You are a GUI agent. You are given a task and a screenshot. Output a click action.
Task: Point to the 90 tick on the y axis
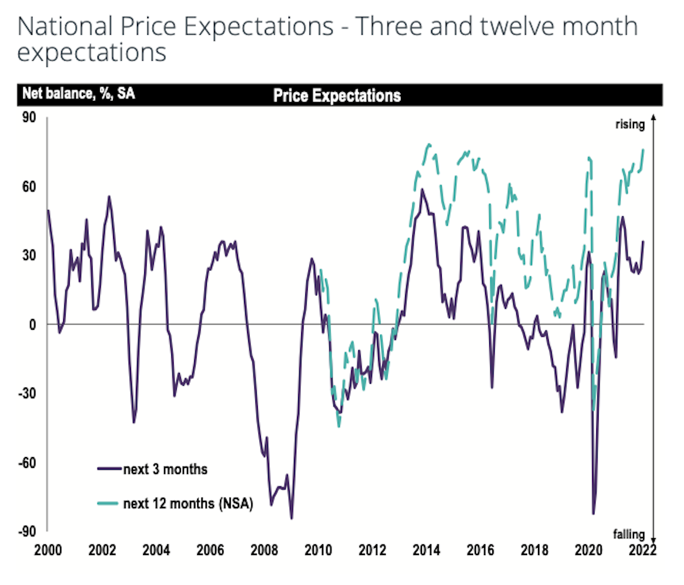coord(29,118)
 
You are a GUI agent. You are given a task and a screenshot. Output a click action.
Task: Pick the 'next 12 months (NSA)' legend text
coord(187,504)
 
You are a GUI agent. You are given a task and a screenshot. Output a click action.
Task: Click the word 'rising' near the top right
coord(629,125)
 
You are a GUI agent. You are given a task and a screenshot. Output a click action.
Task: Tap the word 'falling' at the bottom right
coord(629,533)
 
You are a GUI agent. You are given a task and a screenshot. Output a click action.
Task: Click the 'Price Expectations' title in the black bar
coord(337,95)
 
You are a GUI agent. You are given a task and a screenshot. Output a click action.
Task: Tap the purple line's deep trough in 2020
coord(593,514)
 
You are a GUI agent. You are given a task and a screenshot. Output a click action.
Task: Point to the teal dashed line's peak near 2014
coord(429,144)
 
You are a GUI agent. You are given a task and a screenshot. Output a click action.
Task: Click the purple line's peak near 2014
coord(422,190)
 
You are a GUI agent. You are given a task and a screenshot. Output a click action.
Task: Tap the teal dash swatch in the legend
coord(108,504)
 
